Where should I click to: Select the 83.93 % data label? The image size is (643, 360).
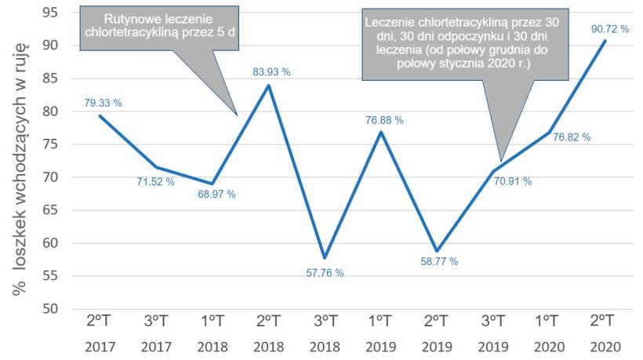[x=271, y=72]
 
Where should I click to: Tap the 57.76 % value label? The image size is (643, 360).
[x=325, y=273]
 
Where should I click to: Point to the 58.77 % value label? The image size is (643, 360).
[x=439, y=260]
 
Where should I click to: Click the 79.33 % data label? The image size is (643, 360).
[x=103, y=103]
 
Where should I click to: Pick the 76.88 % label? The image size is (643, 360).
[x=384, y=120]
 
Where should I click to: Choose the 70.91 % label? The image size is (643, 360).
[x=513, y=181]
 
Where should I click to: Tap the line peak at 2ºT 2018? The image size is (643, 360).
[x=269, y=85]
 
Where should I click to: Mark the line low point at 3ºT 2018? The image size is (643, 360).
[x=325, y=258]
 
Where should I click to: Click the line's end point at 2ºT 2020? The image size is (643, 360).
[x=604, y=41]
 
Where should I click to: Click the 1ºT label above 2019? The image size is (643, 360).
[x=380, y=322]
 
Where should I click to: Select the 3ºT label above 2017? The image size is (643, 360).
[x=157, y=322]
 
